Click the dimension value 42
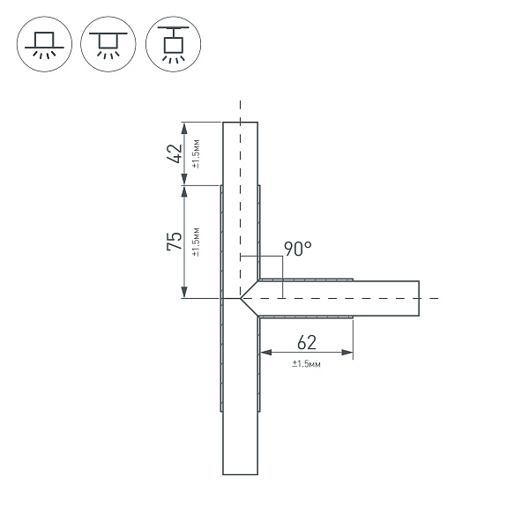point(175,153)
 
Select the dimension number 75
point(175,241)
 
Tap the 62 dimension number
point(306,342)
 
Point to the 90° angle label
point(298,249)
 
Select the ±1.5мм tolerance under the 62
point(306,363)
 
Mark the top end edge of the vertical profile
point(240,122)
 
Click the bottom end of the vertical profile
point(240,474)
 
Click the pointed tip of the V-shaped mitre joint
point(241,299)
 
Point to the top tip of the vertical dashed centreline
point(240,102)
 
